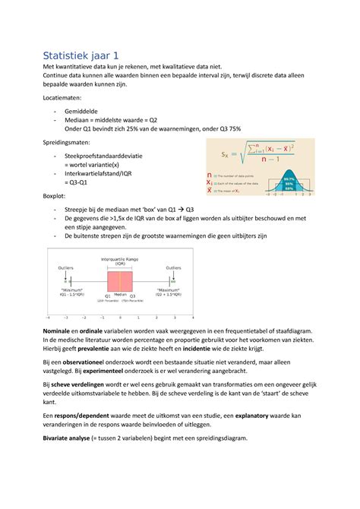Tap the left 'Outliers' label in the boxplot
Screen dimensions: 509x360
[x=66, y=268]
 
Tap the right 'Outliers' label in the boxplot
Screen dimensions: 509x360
[x=174, y=268]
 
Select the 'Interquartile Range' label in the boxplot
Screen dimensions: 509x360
[x=120, y=259]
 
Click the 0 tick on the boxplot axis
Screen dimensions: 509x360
[x=121, y=317]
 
